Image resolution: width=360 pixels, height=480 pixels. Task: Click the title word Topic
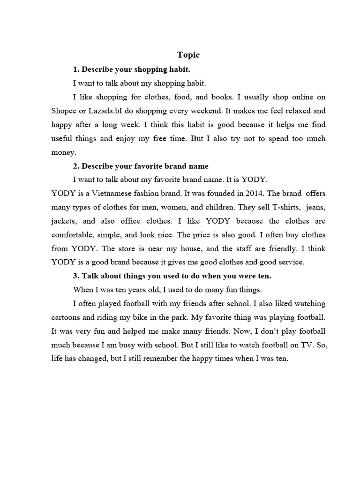point(188,55)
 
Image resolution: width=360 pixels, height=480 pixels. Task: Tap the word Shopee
point(64,111)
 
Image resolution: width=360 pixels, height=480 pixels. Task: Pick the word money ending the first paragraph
point(62,152)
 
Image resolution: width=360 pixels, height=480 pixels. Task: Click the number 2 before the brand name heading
point(75,166)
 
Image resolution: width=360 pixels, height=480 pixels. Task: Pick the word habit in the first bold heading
point(178,69)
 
